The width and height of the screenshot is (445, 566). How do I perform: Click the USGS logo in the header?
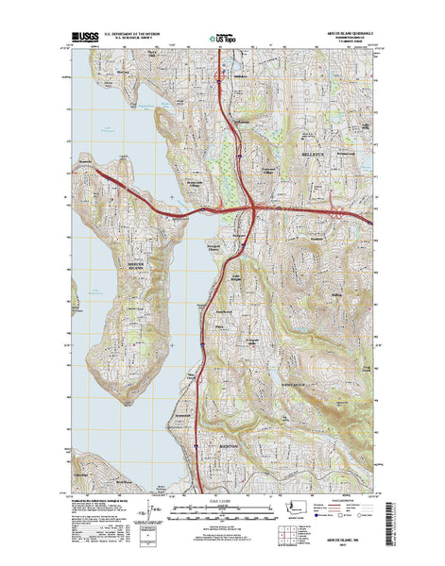pos(83,41)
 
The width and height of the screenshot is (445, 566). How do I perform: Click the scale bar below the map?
pos(223,507)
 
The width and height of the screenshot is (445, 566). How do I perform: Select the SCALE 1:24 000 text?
pos(223,496)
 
